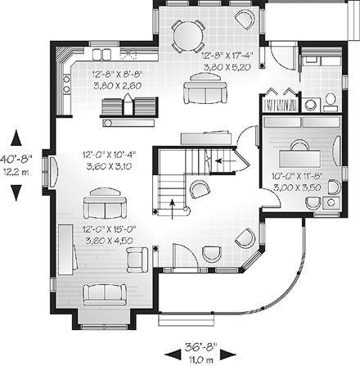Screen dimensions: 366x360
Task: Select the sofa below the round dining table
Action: pos(201,92)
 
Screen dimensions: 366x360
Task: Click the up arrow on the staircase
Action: pos(173,207)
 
